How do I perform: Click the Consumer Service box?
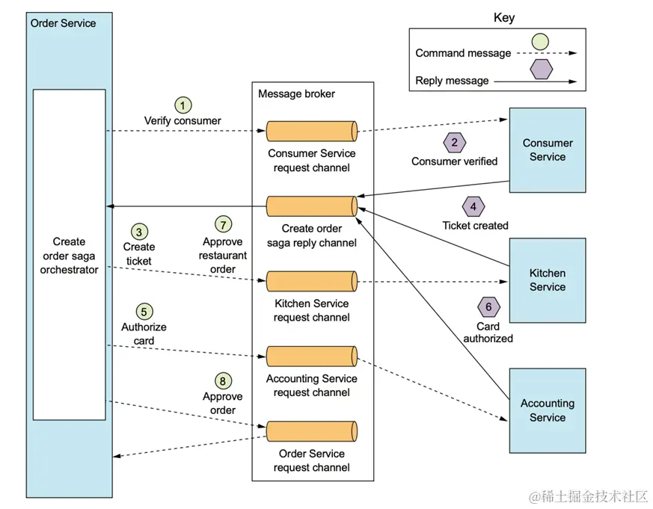point(547,150)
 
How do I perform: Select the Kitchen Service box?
point(547,280)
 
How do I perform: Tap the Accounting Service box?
point(547,410)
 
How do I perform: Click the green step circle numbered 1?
point(183,105)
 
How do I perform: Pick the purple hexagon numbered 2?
point(453,142)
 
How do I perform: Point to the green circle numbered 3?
point(139,231)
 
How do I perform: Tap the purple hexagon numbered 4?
point(473,206)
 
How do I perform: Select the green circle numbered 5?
point(144,311)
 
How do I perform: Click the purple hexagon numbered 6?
point(488,306)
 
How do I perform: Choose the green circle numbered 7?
point(222,224)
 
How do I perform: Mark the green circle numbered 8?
point(222,380)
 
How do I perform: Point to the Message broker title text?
point(296,93)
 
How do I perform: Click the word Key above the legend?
point(504,18)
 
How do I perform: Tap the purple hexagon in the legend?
point(541,70)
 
